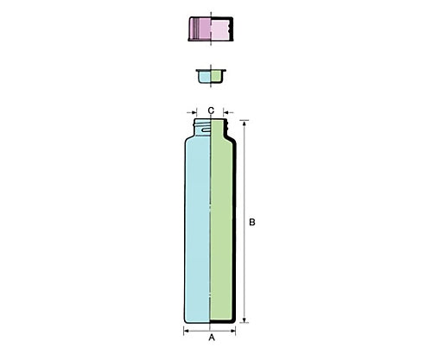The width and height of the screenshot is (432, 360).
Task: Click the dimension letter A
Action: [212, 338]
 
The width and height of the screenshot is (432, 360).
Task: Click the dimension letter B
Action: [252, 222]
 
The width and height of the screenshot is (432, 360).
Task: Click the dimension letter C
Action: [211, 111]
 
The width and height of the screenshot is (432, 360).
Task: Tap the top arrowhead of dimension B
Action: [245, 123]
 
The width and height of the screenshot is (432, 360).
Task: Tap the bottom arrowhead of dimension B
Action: [245, 319]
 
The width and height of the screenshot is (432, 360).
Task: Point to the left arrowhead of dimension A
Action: [187, 331]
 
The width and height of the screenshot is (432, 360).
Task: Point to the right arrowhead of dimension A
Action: [233, 331]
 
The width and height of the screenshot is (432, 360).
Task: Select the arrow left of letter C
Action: [192, 112]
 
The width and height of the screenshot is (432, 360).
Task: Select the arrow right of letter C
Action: [228, 112]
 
